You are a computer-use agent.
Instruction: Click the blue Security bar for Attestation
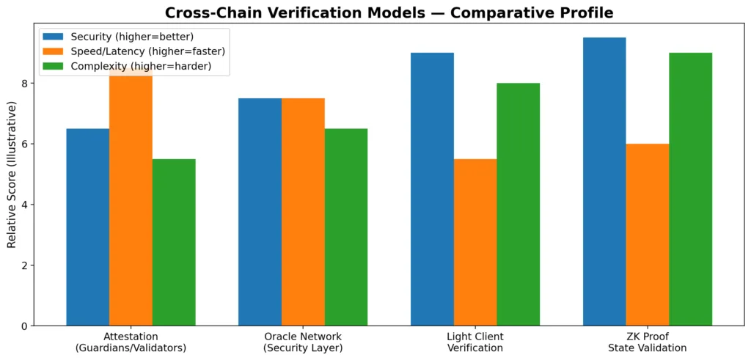point(87,227)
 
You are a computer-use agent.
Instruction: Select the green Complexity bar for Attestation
point(174,242)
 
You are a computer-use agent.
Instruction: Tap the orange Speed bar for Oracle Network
point(303,212)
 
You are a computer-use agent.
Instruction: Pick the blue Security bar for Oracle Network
point(260,212)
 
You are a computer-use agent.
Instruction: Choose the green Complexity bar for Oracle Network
point(346,227)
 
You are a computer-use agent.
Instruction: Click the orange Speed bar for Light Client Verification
point(475,242)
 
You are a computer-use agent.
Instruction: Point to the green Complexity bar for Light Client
point(519,205)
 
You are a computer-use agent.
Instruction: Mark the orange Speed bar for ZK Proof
point(648,235)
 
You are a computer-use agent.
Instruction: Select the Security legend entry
point(117,37)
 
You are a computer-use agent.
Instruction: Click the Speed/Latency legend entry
point(132,51)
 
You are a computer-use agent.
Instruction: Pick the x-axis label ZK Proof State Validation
point(648,342)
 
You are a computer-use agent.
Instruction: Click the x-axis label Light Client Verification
point(475,342)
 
